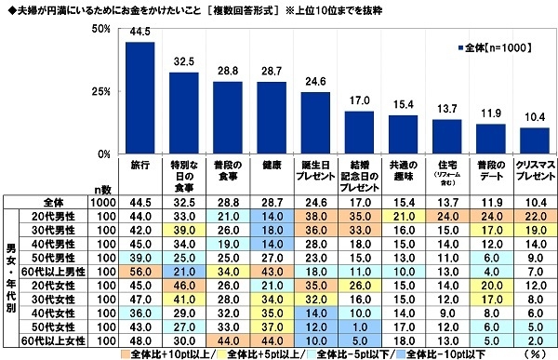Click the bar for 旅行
140,98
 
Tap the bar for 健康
272,117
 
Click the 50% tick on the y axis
101,30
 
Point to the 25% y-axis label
101,91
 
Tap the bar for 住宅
446,136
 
